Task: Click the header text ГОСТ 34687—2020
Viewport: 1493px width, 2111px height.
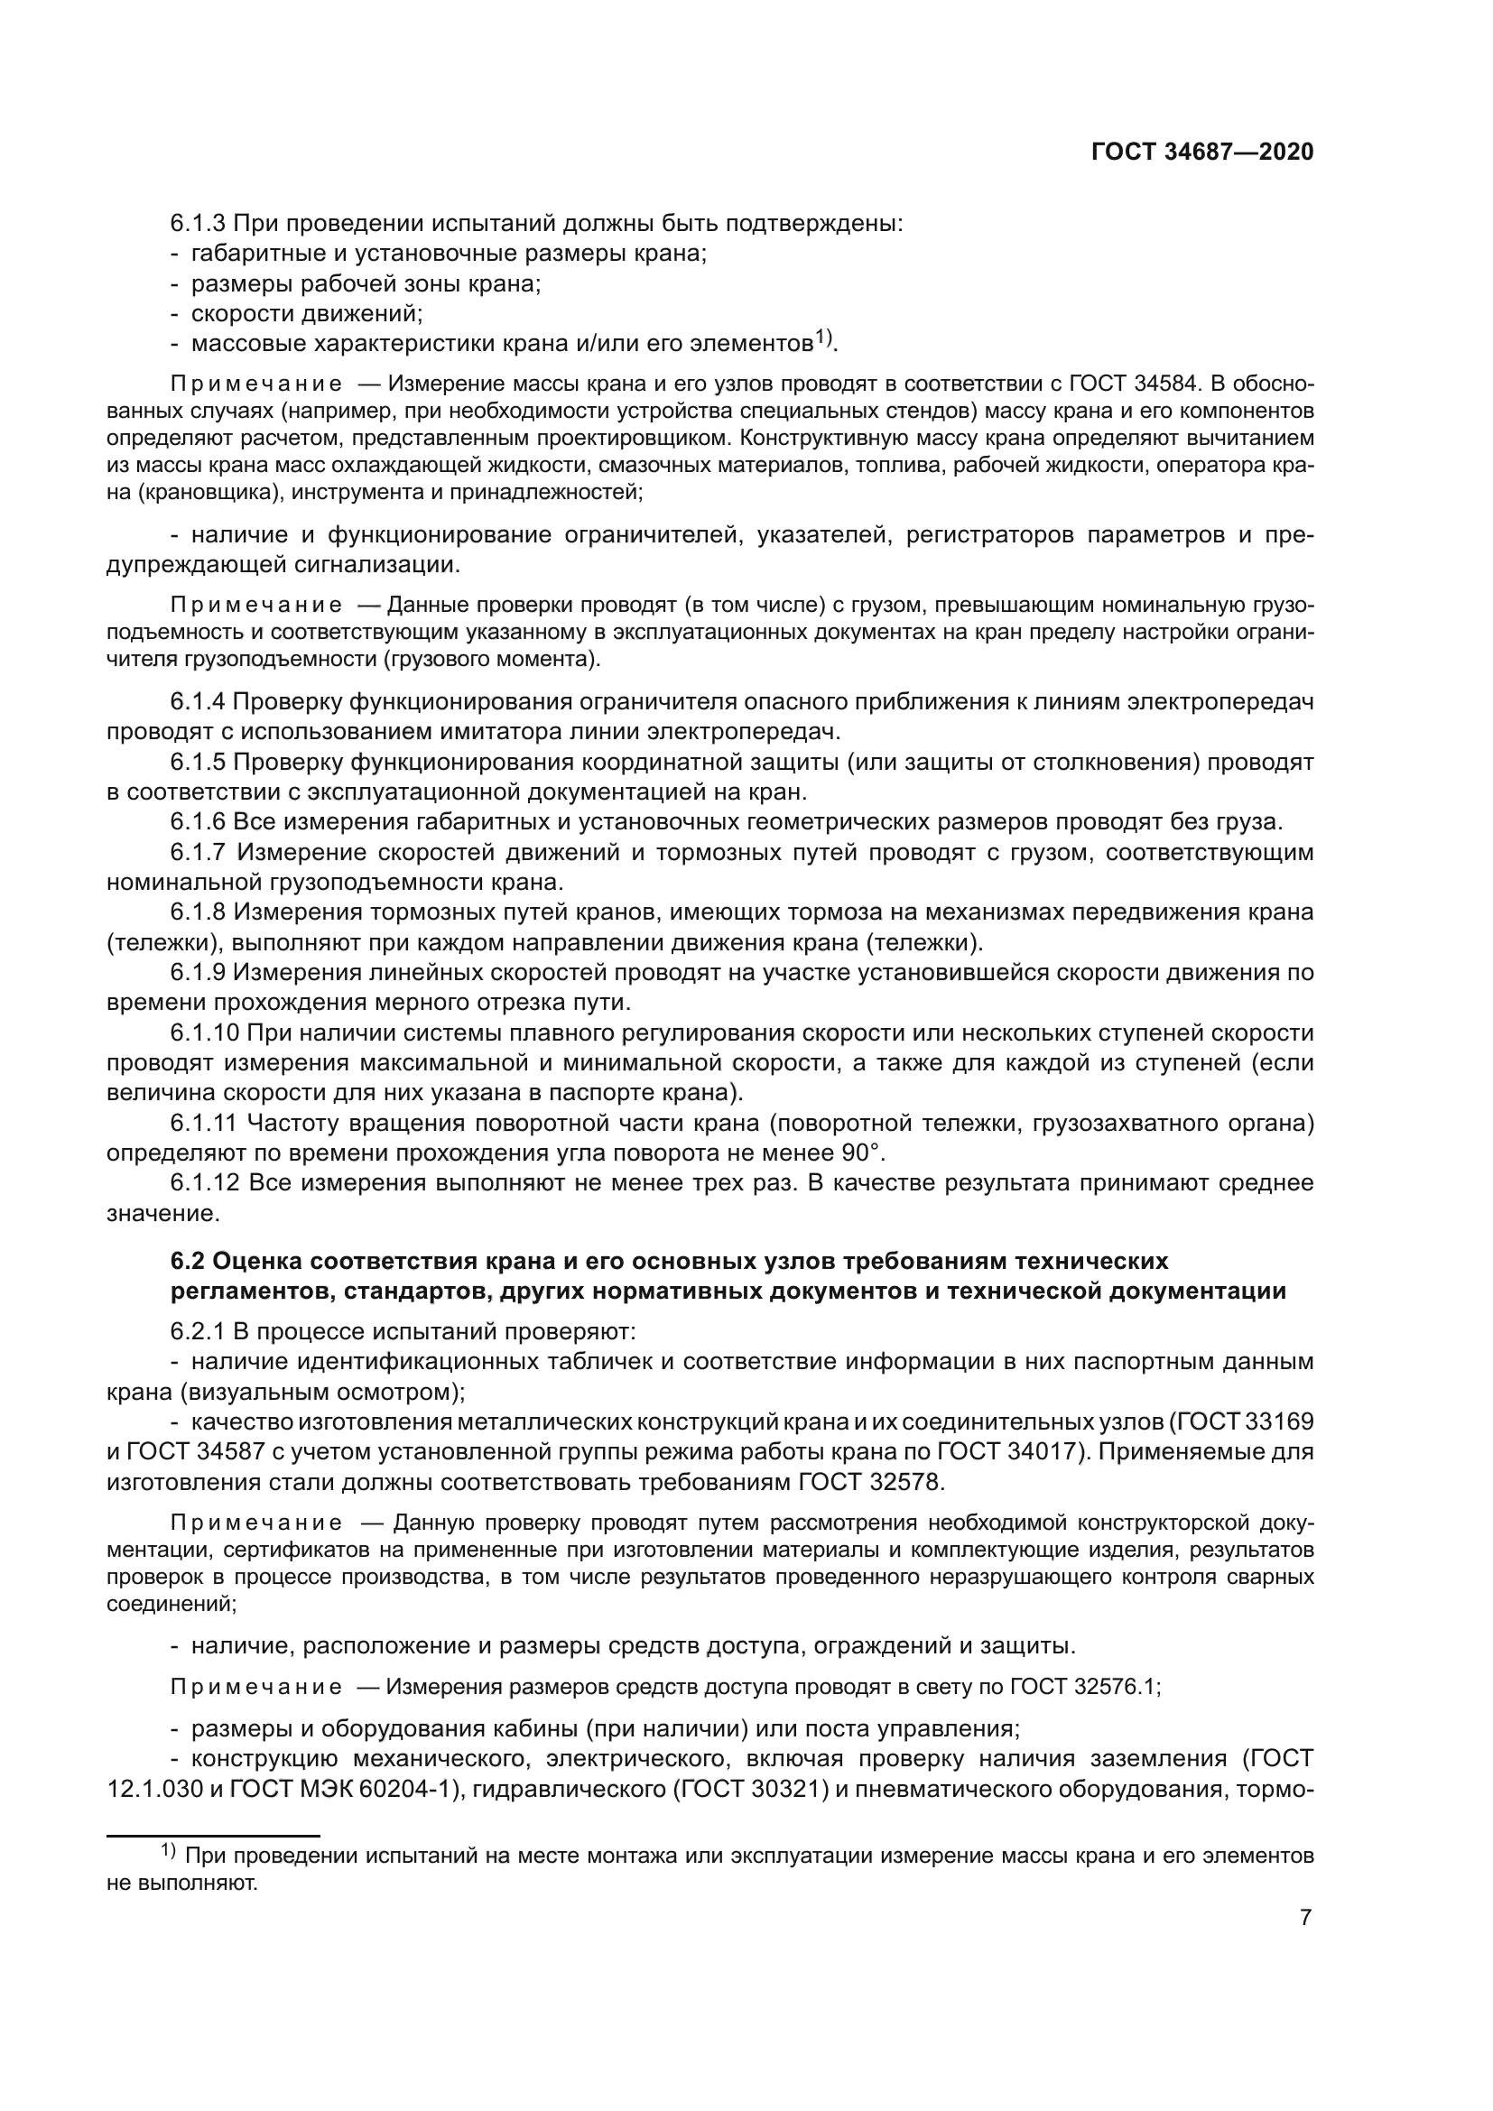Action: point(1202,153)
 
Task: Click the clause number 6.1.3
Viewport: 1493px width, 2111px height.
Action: point(198,224)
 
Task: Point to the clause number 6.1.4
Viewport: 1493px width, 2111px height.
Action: point(198,702)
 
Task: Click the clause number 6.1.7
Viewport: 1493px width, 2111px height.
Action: point(198,852)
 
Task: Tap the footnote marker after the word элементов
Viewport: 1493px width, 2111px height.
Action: point(823,338)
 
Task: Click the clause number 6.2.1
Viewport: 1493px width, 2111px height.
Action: point(198,1331)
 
